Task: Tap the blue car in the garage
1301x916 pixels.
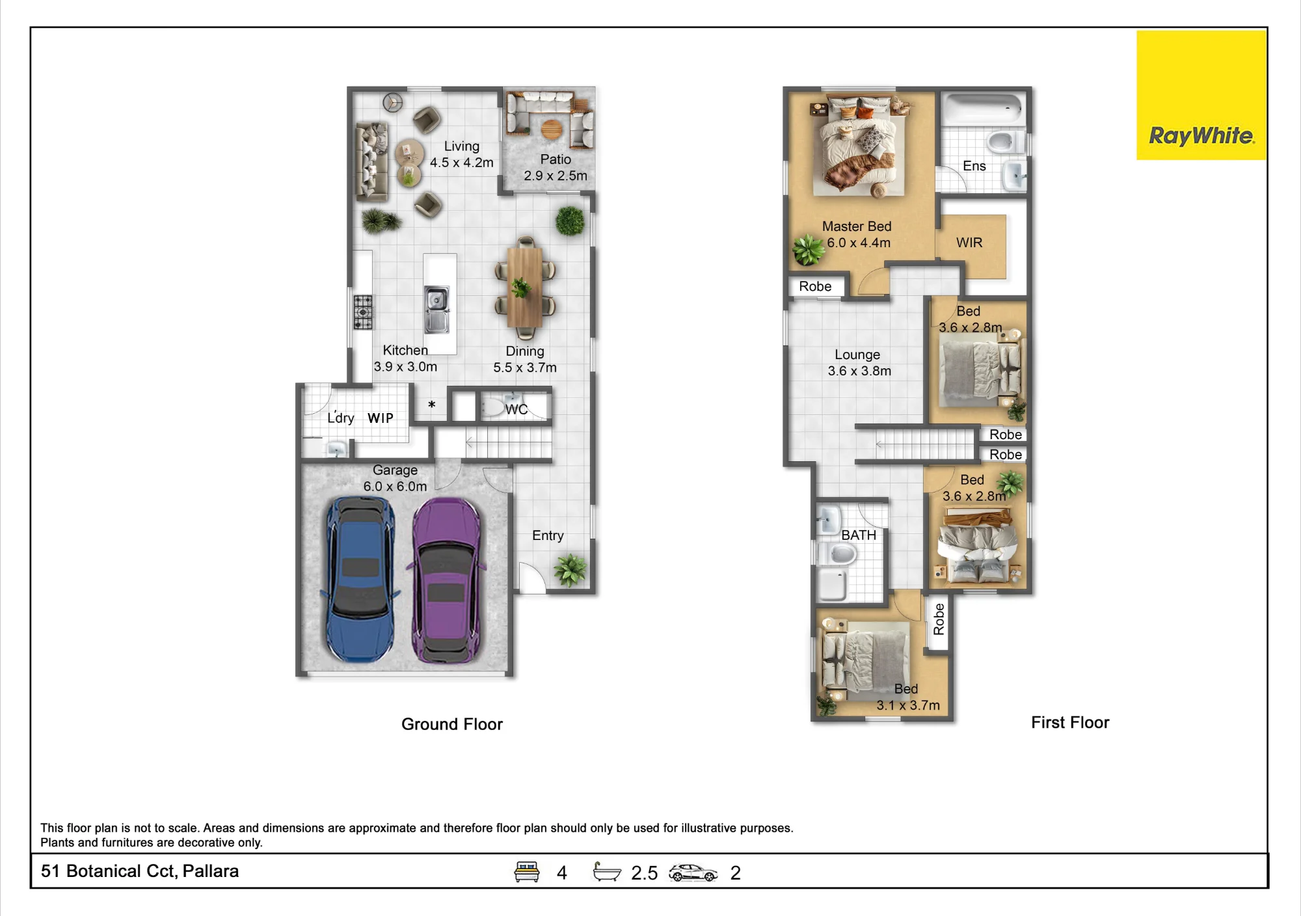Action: coord(358,580)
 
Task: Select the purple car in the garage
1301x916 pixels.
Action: coord(448,581)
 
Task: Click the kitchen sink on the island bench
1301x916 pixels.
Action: coord(436,309)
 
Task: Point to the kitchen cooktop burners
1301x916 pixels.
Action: coord(363,312)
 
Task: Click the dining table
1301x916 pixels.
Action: coord(524,288)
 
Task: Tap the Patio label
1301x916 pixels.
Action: coord(556,159)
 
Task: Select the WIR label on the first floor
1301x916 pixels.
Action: coord(969,243)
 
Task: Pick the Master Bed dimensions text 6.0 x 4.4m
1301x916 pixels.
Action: coord(859,243)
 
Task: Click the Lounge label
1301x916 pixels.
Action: coord(857,355)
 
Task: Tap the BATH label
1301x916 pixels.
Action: coord(859,535)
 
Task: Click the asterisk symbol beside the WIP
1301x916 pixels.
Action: coord(432,405)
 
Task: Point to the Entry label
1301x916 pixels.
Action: coord(548,535)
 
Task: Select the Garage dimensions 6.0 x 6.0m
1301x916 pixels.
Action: coord(396,487)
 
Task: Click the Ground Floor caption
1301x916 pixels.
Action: coord(452,724)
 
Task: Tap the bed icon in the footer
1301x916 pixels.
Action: coord(527,872)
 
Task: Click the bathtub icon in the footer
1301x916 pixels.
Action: coord(607,872)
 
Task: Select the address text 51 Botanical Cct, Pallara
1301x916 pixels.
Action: coord(140,871)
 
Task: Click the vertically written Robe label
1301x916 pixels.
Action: coord(939,619)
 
